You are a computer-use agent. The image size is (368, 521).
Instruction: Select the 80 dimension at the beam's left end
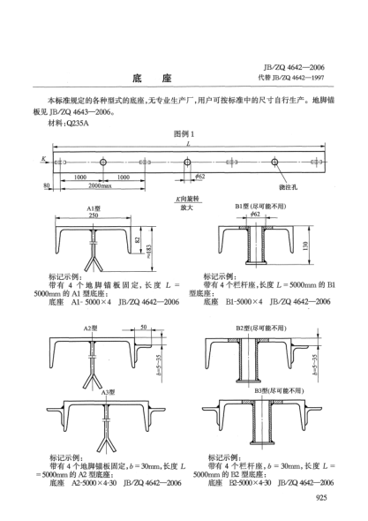(47, 185)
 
